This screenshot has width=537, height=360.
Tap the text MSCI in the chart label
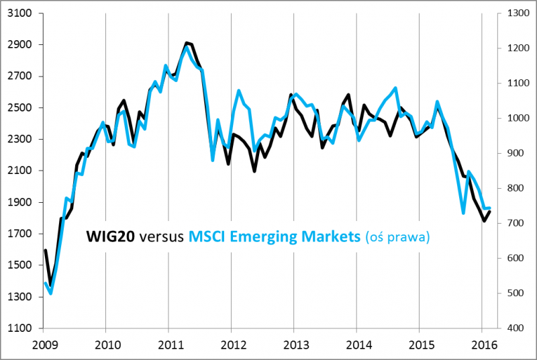point(207,236)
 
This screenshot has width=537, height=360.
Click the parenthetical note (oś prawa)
point(397,237)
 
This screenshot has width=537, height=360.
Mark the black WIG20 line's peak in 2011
point(187,43)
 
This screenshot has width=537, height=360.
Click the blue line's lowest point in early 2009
point(51,293)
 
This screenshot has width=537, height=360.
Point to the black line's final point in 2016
point(489,212)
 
